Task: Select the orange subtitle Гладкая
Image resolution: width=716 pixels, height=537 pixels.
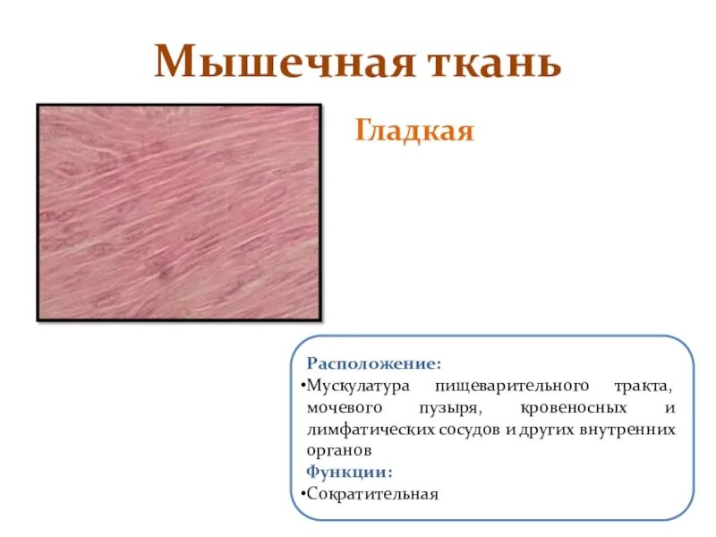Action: point(414,132)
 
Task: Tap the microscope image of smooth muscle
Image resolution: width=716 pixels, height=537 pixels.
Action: point(179,211)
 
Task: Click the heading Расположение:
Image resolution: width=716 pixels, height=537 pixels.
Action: point(373,365)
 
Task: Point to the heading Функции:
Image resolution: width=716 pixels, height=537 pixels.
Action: point(349,472)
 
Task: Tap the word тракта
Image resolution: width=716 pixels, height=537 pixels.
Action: point(643,386)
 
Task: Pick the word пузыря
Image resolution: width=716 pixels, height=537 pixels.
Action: point(448,408)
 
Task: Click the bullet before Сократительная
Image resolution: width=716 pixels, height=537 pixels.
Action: point(302,493)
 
